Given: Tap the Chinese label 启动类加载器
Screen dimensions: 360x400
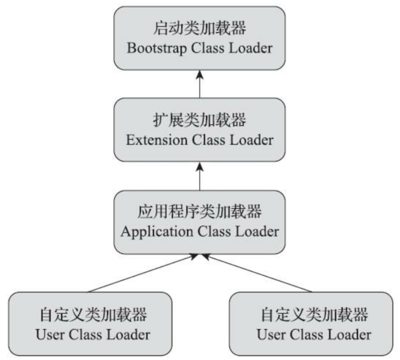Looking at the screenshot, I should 200,28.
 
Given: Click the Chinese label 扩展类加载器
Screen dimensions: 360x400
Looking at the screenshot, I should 200,120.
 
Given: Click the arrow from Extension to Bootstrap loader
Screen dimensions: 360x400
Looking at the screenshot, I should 200,84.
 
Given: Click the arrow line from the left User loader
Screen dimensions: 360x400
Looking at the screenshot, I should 144,273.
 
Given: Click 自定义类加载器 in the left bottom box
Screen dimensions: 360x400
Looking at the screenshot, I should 93,314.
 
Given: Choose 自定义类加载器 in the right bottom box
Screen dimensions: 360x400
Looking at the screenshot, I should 314,314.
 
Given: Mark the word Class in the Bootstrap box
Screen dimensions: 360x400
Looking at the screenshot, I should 203,49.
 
